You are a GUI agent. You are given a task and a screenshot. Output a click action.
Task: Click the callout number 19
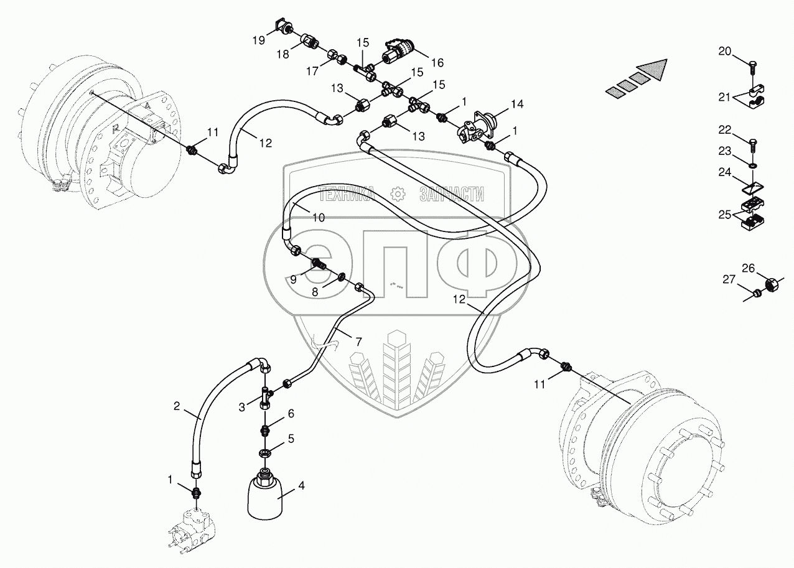click(258, 41)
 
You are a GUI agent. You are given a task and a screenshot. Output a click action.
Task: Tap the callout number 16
click(436, 62)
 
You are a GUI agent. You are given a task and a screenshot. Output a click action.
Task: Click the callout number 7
click(358, 341)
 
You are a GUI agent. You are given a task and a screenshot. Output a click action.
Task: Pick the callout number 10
click(318, 218)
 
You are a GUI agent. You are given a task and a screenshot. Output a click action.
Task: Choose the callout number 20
click(725, 52)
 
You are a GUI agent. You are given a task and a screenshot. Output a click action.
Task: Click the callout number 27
click(729, 280)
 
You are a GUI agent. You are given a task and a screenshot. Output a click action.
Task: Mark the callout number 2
click(177, 407)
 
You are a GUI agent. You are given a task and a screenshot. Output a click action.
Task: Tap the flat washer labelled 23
click(754, 166)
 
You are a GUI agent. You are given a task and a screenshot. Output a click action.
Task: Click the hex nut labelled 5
click(264, 452)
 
